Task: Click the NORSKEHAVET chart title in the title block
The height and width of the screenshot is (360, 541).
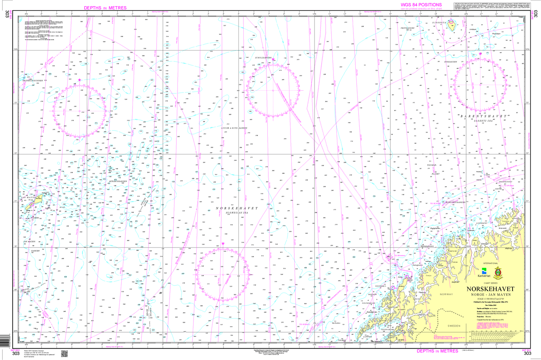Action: pos(490,289)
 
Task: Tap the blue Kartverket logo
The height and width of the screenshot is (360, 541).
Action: pos(484,272)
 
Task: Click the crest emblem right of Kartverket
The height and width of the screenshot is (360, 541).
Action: pos(498,272)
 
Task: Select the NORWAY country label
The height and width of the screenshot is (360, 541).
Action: pos(446,294)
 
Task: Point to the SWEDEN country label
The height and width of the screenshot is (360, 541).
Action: pos(454,326)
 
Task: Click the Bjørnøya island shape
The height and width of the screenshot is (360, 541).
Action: pos(451,26)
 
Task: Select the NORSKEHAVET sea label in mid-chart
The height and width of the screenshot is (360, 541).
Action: pos(237,208)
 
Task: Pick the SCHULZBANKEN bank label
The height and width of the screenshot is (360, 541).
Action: pos(263,58)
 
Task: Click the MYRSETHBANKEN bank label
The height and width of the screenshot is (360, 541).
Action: pos(118,181)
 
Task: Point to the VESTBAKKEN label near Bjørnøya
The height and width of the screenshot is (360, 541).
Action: pos(407,28)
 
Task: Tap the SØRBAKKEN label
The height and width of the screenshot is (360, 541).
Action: pos(451,61)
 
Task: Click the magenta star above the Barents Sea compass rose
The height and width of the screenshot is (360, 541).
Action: pos(480,54)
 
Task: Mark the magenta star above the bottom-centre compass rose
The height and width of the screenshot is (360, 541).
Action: pos(223,244)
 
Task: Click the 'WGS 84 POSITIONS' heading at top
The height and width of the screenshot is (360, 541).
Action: pos(421,5)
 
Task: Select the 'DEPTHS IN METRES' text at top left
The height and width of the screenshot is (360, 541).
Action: pos(105,7)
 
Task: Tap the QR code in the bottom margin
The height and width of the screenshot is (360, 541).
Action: pos(64,353)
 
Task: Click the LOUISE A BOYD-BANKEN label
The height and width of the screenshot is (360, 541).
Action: pos(234,128)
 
